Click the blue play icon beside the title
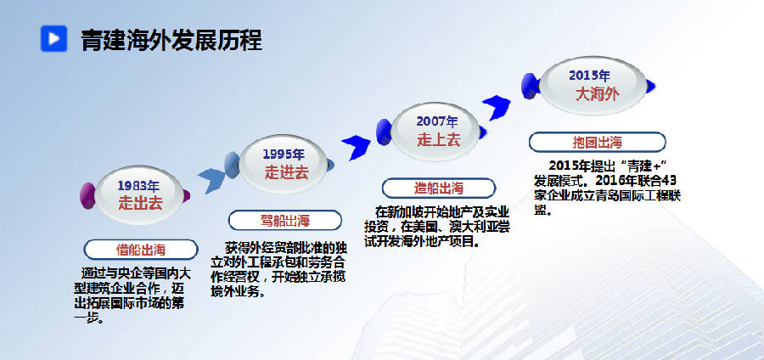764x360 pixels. tap(53, 38)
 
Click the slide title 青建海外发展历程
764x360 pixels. tap(171, 40)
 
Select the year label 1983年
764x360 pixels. tap(138, 186)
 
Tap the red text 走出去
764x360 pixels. tap(140, 203)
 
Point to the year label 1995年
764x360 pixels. tap(284, 155)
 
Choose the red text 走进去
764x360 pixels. tap(287, 172)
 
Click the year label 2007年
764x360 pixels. tap(437, 121)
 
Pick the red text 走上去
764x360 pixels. tap(439, 140)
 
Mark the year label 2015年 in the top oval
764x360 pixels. tap(590, 76)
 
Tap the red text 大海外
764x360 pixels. tap(598, 94)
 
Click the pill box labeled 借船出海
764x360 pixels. tap(141, 250)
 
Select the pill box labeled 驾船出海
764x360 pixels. tap(285, 220)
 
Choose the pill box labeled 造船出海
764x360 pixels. tap(439, 188)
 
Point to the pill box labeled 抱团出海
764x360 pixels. tap(598, 143)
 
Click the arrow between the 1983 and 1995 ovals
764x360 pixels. tap(211, 180)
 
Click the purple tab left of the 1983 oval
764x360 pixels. tap(87, 196)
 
